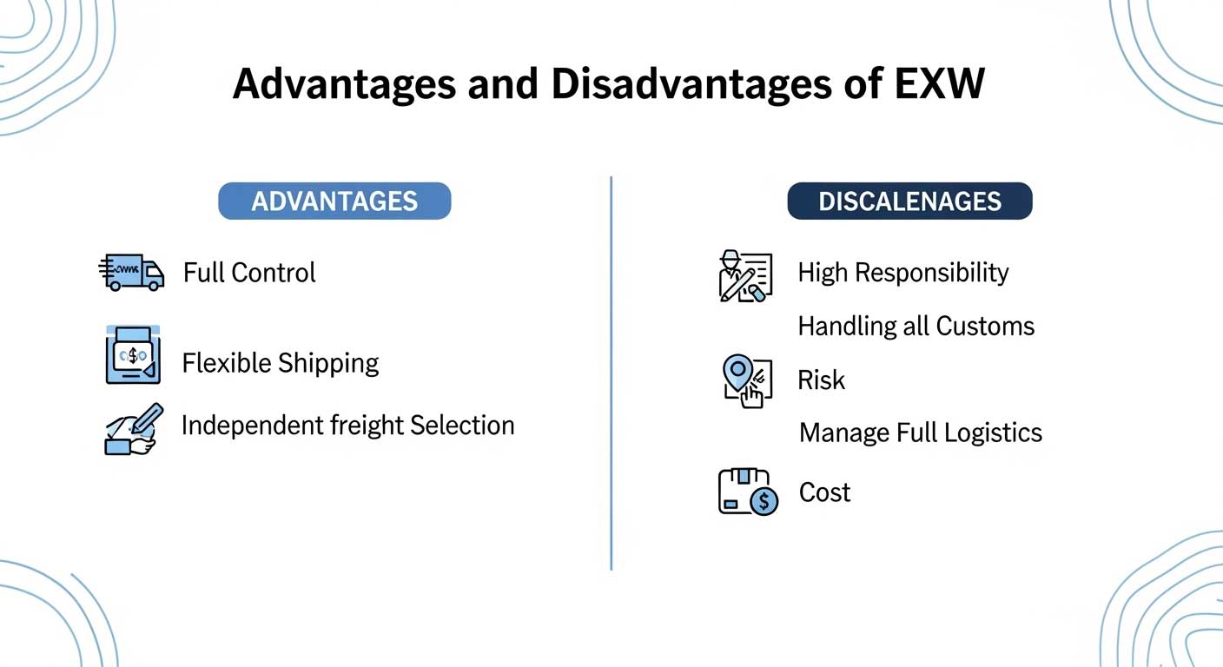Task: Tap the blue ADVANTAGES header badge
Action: (x=334, y=201)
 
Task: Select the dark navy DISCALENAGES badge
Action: (x=909, y=201)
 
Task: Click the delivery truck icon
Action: (x=131, y=273)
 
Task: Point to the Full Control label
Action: (x=249, y=273)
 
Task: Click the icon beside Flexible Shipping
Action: (x=133, y=356)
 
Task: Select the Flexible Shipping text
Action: (x=281, y=363)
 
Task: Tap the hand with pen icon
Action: (x=133, y=428)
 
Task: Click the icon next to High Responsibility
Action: (x=744, y=276)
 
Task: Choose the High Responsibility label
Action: (x=903, y=273)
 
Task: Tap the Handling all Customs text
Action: (x=916, y=327)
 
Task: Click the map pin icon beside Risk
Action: (x=746, y=380)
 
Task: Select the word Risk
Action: (x=821, y=380)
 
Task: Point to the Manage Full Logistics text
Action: (x=921, y=433)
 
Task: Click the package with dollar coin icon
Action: (x=747, y=492)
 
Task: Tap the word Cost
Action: (x=824, y=492)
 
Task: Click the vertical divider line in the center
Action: (x=611, y=373)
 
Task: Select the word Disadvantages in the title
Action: (x=669, y=84)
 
